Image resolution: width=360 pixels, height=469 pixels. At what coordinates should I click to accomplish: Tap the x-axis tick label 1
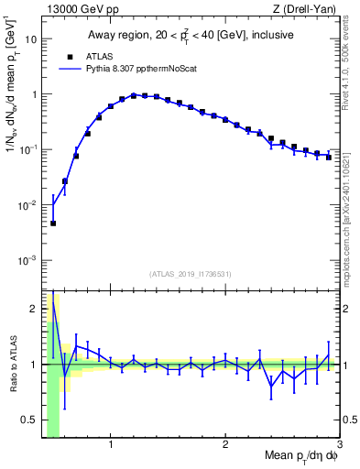coord(111,446)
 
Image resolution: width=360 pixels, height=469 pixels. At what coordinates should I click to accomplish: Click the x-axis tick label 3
coord(339,446)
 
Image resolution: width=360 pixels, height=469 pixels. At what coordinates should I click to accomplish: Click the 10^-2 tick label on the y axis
coord(27,205)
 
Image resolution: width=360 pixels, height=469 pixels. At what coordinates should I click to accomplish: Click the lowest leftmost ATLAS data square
coord(53,223)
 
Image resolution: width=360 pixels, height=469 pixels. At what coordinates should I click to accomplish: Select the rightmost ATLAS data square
coord(328,157)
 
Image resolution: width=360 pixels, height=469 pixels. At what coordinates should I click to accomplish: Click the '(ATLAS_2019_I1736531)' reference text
coord(191,274)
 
